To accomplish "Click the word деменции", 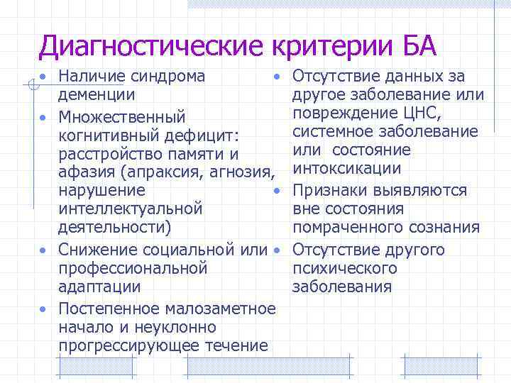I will tap(97, 94).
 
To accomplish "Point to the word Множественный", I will tap(122, 115).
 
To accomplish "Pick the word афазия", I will tap(86, 172).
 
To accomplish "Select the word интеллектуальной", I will tap(131, 209).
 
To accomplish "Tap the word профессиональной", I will tap(133, 269).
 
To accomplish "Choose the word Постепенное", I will tap(109, 309).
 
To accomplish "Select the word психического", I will tap(345, 269).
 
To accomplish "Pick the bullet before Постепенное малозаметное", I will tap(43, 309).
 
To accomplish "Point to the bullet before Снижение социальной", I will tap(43, 250).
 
